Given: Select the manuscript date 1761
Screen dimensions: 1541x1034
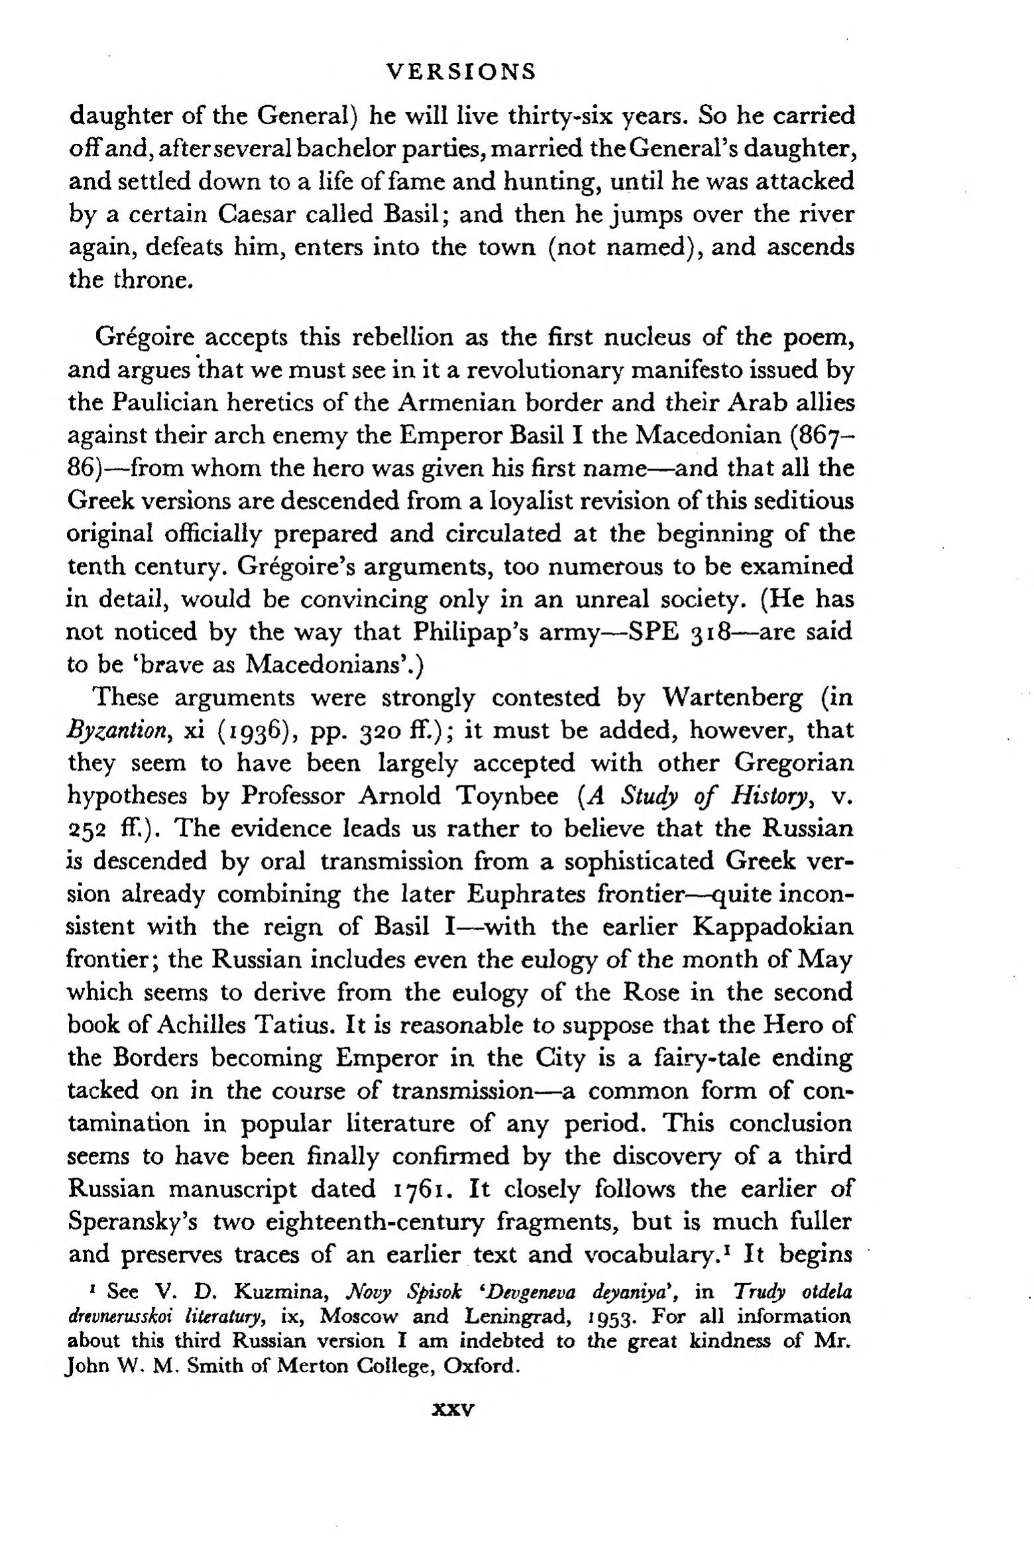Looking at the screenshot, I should [x=422, y=1189].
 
